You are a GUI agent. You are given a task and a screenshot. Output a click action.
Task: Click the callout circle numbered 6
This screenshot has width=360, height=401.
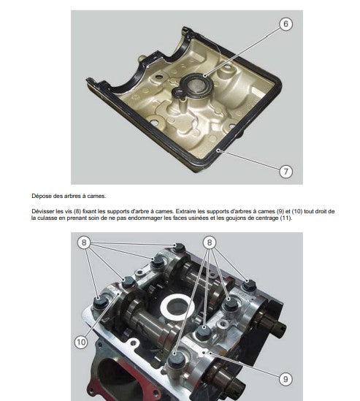pos(286,24)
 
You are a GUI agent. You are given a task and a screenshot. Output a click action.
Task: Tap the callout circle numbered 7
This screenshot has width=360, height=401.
pos(286,172)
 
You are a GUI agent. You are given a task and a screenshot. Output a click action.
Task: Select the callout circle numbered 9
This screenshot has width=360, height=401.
pos(286,379)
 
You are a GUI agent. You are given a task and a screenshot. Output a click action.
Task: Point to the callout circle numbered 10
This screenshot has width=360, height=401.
pos(81,342)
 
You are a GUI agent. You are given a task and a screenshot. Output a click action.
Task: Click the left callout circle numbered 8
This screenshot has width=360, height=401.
pos(83,242)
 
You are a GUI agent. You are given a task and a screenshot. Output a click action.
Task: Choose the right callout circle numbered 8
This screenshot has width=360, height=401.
pos(210,242)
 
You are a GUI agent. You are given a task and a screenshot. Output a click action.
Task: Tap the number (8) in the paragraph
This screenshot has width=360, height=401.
pos(77,212)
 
